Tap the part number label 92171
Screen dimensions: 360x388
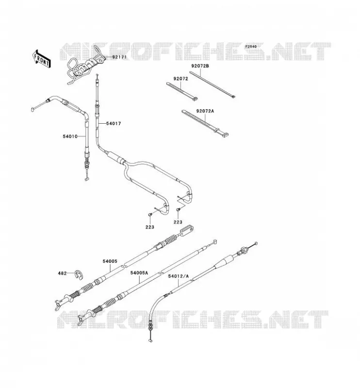pos(119,57)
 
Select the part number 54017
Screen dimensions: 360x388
pos(114,123)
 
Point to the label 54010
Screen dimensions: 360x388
pos(70,136)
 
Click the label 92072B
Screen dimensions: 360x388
pos(200,66)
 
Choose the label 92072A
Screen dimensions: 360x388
pos(205,111)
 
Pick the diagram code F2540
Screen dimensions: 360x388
pos(251,47)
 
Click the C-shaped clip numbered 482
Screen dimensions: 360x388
pos(80,274)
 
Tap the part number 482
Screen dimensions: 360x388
pos(62,274)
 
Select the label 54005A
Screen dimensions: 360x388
pos(139,273)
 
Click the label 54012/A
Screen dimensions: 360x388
pos(178,276)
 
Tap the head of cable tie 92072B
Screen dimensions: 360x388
pos(232,97)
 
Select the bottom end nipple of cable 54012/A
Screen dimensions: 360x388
pos(150,341)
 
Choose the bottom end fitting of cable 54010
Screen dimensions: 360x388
pos(86,179)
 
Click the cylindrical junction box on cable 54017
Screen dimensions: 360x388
pos(115,158)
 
